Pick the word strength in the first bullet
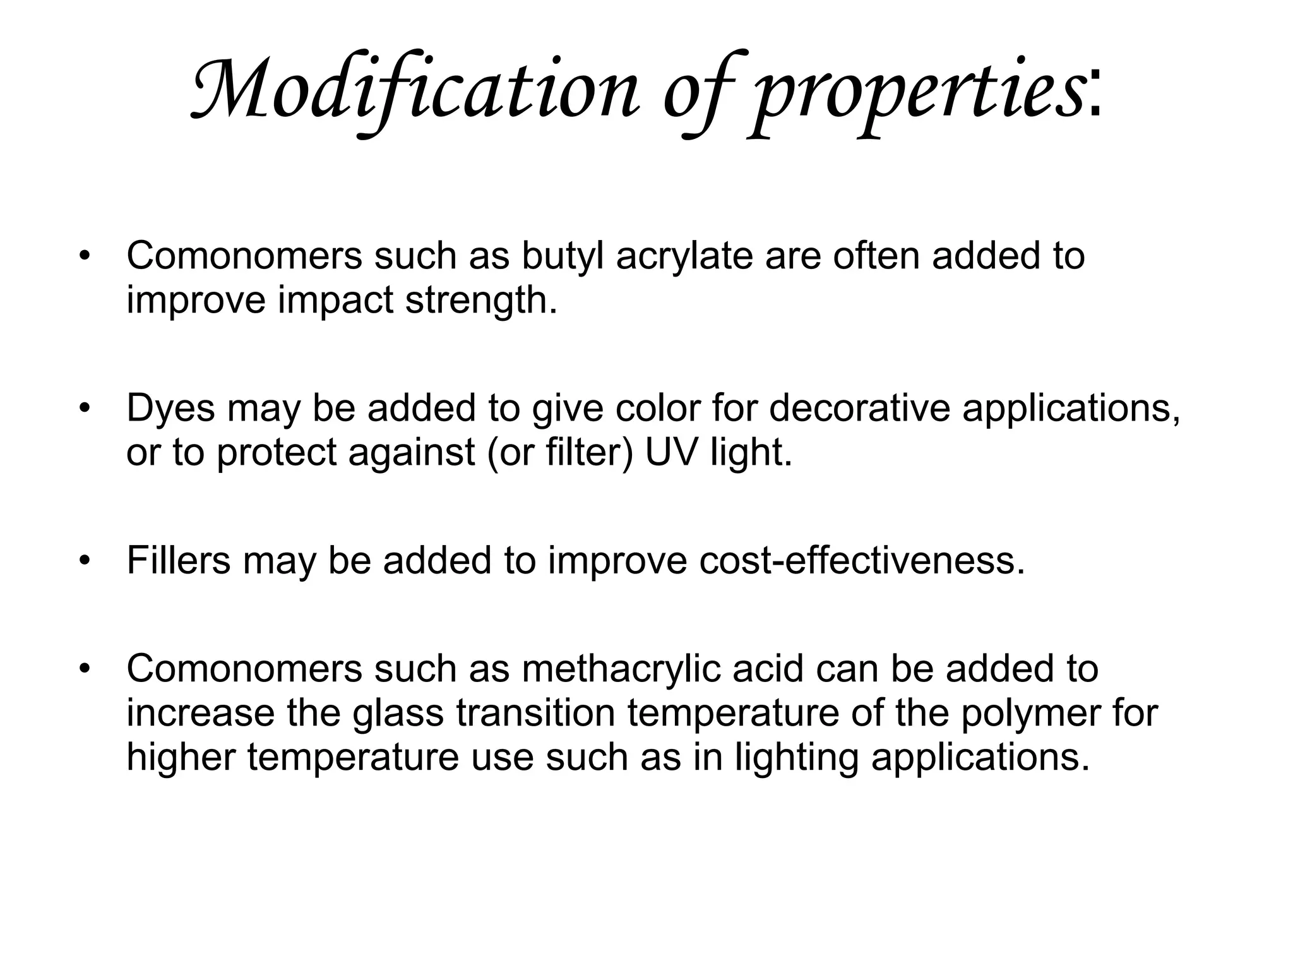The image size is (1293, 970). point(480,301)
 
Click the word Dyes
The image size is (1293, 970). point(171,409)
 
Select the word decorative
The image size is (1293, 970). point(859,408)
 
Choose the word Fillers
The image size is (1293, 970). point(179,560)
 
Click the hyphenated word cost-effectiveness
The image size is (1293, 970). point(861,560)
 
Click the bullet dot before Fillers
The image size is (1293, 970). point(86,561)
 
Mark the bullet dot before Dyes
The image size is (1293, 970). point(86,409)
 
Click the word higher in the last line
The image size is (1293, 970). point(181,758)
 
